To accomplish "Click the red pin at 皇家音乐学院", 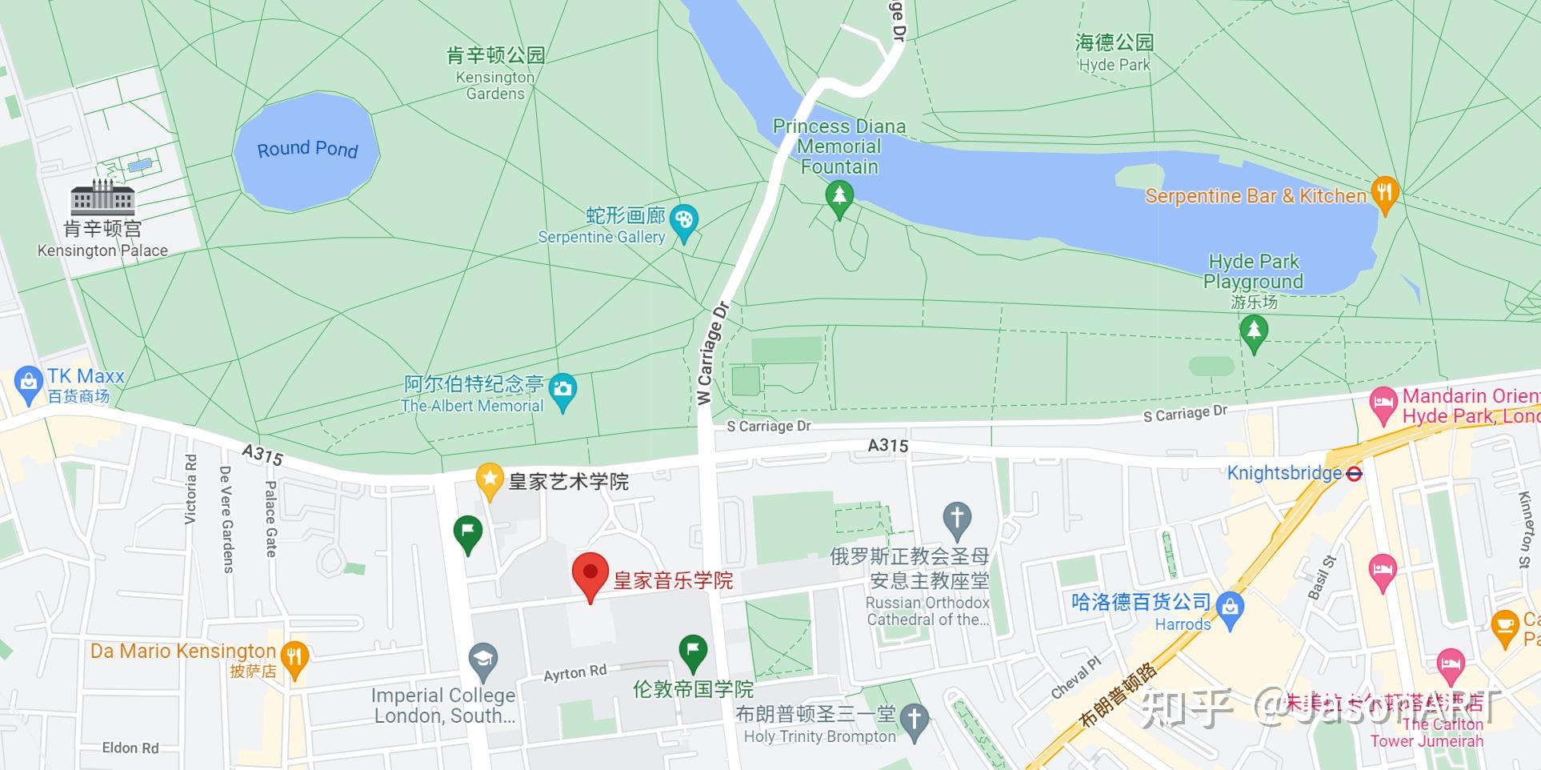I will [x=590, y=573].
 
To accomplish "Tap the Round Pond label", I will [x=307, y=150].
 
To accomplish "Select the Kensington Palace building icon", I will [x=102, y=197].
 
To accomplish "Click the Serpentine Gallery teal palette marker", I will [x=683, y=220].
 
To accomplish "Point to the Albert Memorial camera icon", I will [x=562, y=390].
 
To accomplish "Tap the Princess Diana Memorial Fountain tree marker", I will [x=839, y=196].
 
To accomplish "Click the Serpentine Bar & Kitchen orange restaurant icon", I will [x=1384, y=193].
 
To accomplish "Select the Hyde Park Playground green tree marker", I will [x=1253, y=331].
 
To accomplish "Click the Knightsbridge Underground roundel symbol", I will [x=1354, y=473].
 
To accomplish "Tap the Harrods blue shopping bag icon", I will [x=1230, y=608].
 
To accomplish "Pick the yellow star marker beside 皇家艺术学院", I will [x=488, y=479].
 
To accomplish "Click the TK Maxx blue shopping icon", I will [x=28, y=383].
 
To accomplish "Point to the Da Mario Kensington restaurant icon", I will [x=295, y=657].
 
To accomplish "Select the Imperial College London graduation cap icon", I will [x=482, y=660].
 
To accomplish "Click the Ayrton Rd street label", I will [x=574, y=673].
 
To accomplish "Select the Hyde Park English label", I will [x=1114, y=65].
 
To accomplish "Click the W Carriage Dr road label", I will [x=713, y=353].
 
